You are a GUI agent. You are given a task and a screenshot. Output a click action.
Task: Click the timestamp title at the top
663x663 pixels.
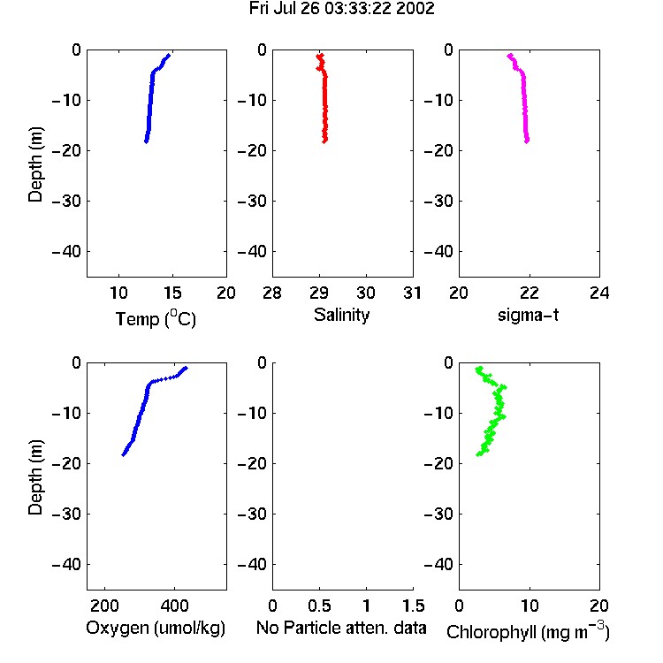click(x=341, y=9)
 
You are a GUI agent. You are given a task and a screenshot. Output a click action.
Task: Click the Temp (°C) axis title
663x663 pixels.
click(x=156, y=318)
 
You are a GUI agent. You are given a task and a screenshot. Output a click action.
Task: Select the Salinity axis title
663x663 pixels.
click(x=341, y=315)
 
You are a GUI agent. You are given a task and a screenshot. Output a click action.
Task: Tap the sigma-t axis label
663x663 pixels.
click(x=528, y=315)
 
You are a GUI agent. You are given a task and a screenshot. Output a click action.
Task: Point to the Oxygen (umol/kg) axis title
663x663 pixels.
click(x=156, y=628)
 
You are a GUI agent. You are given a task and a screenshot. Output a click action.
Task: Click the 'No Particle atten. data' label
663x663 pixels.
click(x=341, y=628)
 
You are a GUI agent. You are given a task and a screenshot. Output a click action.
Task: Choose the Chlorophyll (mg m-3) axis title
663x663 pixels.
click(x=528, y=631)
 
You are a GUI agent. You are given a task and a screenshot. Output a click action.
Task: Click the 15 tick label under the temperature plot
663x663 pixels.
click(x=172, y=293)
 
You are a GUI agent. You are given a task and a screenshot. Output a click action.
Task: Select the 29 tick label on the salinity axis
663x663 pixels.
click(x=319, y=293)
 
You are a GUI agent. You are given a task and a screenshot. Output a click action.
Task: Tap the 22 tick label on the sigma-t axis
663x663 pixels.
click(x=529, y=293)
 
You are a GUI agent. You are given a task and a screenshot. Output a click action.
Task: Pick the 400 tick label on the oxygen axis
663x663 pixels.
click(x=174, y=606)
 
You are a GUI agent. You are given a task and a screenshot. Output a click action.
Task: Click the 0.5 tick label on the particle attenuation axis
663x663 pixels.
click(x=319, y=606)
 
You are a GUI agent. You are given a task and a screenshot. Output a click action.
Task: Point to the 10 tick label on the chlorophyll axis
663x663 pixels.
click(x=530, y=606)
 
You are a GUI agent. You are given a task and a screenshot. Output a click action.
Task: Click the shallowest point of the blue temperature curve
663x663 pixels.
click(x=169, y=55)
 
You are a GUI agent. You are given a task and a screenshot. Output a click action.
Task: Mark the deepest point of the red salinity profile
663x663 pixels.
click(x=324, y=141)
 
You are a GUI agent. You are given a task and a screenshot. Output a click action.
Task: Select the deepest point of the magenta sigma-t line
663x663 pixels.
click(x=527, y=141)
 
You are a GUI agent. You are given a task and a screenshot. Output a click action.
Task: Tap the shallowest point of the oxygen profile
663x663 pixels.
click(x=186, y=369)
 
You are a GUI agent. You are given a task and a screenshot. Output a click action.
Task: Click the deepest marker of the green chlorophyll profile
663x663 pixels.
click(x=479, y=454)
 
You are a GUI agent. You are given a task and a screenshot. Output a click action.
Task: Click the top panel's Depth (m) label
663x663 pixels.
click(x=35, y=164)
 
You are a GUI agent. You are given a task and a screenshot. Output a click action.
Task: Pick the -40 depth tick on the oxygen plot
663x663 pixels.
click(x=66, y=564)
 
